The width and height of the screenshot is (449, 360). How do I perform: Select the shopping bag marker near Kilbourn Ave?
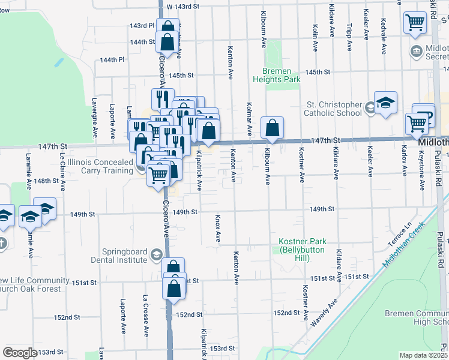tap(272, 128)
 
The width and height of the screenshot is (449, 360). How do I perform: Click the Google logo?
tap(19, 352)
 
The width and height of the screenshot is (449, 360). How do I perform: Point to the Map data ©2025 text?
tap(423, 355)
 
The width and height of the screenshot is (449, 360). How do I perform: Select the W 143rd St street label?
tap(182, 6)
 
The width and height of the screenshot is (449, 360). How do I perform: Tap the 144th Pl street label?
tap(112, 60)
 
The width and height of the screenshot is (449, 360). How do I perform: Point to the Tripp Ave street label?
tap(349, 37)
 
